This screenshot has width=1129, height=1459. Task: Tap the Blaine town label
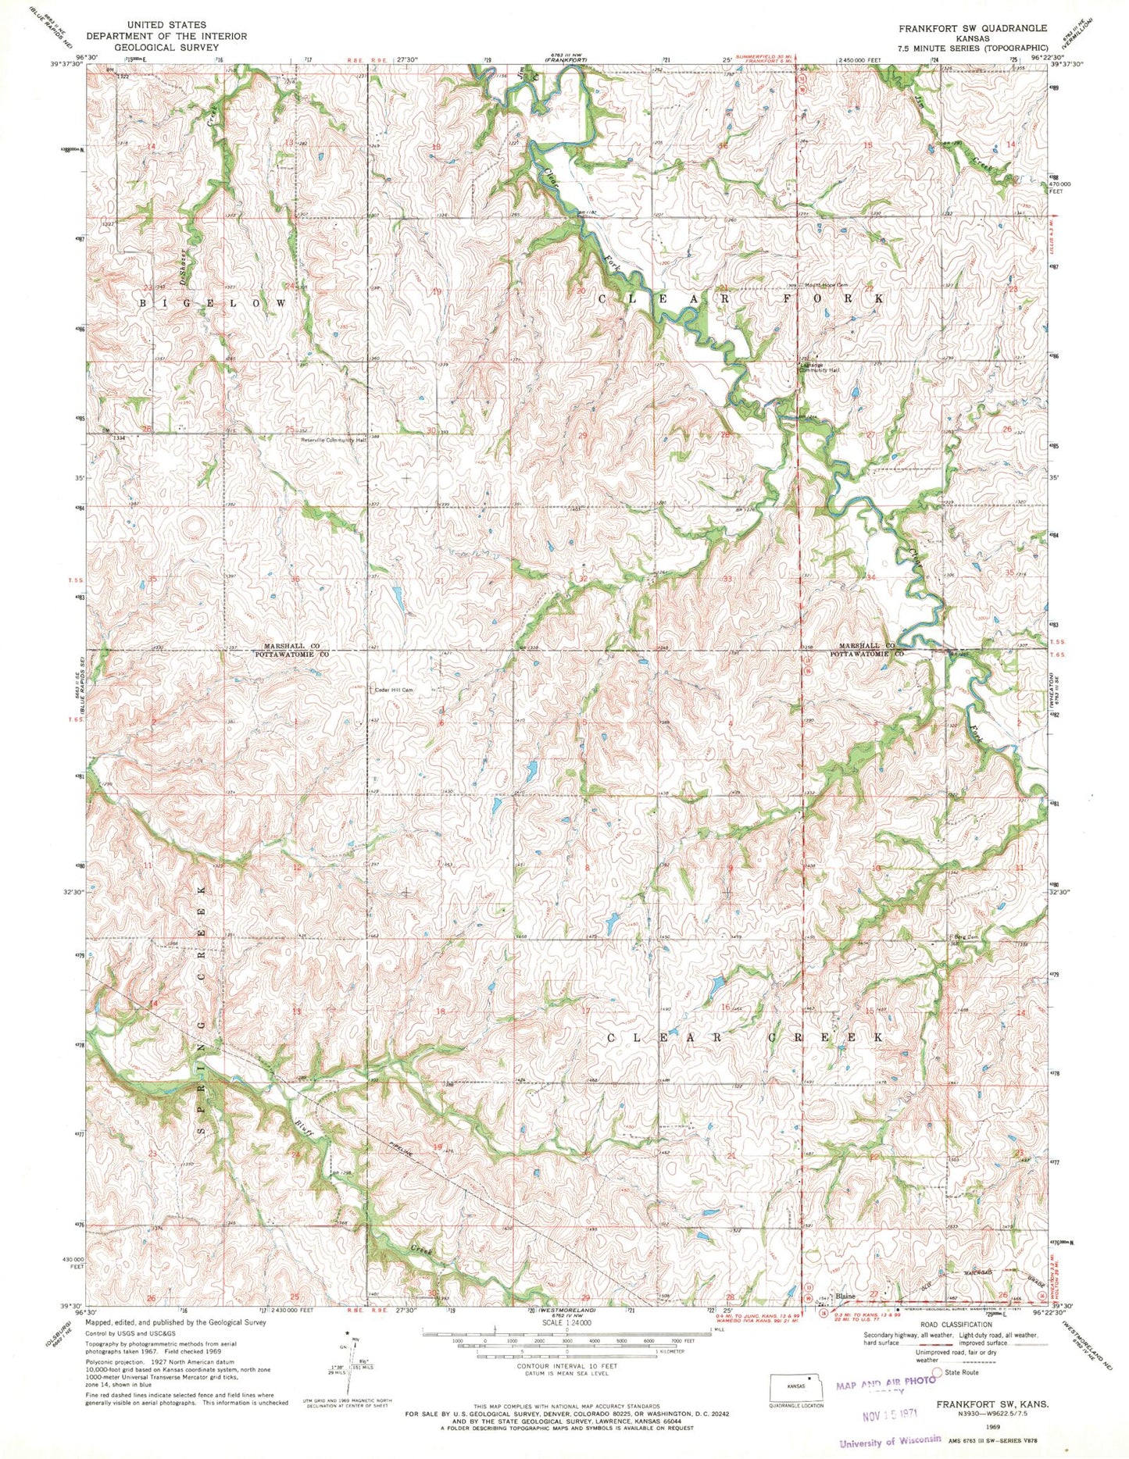point(845,1297)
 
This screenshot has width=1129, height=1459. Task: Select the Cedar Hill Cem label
point(394,690)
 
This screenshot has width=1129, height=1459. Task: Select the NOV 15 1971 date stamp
point(888,1413)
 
